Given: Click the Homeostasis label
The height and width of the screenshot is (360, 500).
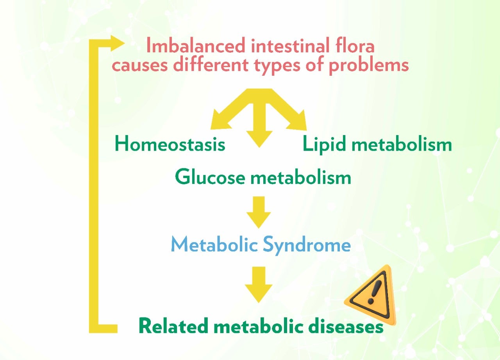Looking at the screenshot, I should coord(170,144).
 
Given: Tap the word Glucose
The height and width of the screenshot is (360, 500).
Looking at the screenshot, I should coord(210,178).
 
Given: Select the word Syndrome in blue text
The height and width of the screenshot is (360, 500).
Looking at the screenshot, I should coord(306,245).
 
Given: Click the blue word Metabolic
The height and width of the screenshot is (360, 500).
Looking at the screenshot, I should coord(214,245).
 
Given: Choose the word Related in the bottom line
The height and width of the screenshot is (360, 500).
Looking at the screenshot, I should coord(173,326).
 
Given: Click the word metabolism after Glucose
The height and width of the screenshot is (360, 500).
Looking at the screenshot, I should coord(300,178).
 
